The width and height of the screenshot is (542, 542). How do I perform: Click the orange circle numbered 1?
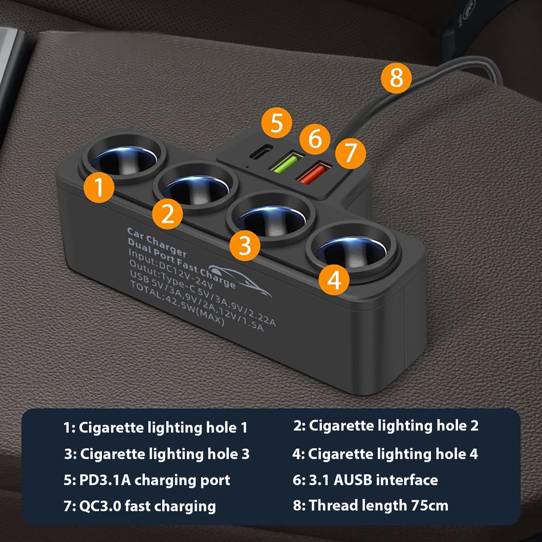99,188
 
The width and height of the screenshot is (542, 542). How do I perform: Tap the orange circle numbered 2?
167,214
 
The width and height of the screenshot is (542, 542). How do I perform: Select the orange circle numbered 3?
245,246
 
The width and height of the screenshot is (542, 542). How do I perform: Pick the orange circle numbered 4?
334,280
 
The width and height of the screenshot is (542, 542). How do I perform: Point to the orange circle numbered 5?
276,122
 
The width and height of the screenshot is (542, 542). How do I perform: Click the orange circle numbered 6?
315,139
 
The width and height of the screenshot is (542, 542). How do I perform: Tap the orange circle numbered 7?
351,153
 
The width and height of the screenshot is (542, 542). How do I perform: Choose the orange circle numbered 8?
396,78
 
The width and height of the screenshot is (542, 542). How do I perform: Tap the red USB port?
314,173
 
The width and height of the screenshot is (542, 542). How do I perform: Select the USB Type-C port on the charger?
261,151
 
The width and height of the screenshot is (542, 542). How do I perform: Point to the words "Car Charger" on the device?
157,242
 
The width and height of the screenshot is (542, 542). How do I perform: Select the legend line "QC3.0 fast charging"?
140,506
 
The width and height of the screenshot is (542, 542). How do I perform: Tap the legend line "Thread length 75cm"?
371,506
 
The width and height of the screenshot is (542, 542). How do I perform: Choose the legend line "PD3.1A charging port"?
147,480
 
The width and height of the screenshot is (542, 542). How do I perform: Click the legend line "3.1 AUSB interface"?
365,480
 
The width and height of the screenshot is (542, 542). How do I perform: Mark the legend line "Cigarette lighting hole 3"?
157,454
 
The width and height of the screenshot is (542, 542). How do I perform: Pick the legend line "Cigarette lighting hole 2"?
386,426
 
